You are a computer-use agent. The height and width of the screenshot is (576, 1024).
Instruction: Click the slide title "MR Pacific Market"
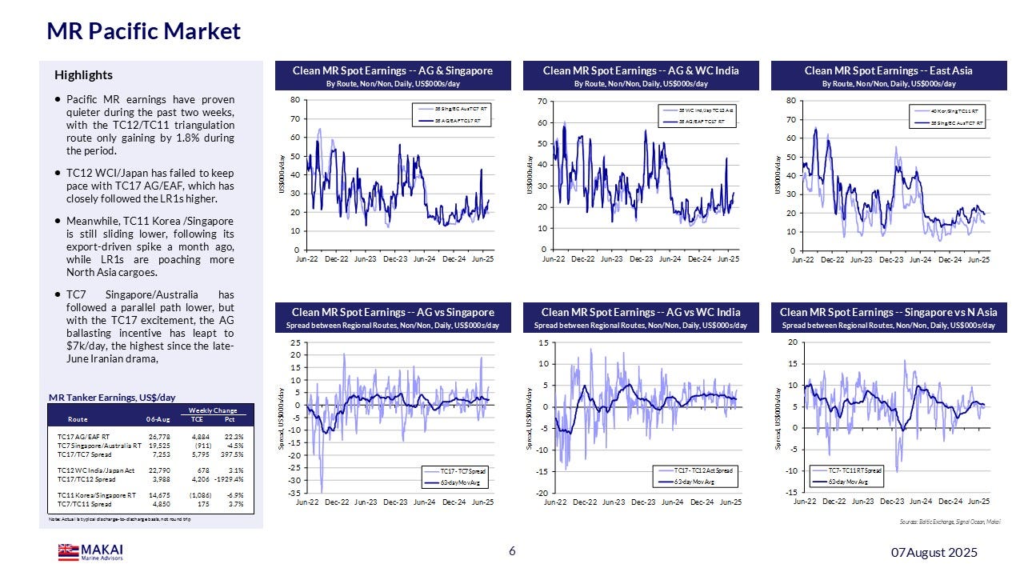click(143, 31)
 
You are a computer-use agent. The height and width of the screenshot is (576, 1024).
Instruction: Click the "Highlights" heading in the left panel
click(83, 75)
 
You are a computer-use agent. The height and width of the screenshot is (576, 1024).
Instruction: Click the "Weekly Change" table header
click(212, 410)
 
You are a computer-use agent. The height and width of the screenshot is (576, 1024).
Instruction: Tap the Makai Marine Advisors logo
click(90, 552)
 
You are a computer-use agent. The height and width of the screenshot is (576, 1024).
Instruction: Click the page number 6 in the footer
click(512, 552)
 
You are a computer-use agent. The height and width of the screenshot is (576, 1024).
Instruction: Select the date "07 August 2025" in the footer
click(934, 553)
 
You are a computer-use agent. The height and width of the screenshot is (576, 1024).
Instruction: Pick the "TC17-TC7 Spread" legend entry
click(463, 471)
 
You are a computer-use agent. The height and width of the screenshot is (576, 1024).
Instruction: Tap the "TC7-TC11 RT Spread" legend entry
click(854, 470)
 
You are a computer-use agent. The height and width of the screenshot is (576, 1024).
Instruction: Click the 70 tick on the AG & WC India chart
click(541, 101)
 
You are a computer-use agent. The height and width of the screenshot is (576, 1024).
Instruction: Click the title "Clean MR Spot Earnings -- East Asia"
click(888, 71)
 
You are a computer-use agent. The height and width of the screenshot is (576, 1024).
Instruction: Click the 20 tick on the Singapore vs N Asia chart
click(792, 342)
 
